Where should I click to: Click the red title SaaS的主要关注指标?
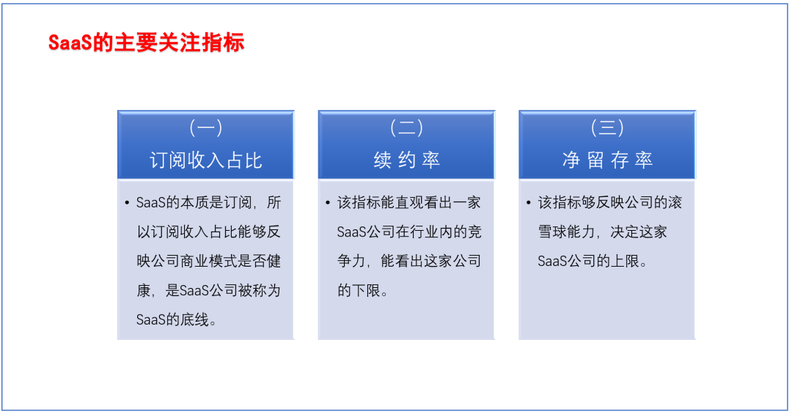click(x=147, y=42)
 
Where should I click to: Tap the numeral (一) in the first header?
click(x=205, y=127)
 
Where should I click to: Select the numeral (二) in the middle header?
click(x=406, y=127)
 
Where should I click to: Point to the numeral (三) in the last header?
click(x=607, y=127)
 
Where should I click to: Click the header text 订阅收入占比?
click(x=205, y=160)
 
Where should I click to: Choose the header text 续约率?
click(x=406, y=160)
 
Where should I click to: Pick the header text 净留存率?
click(x=607, y=160)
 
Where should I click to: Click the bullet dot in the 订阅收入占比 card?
click(x=127, y=203)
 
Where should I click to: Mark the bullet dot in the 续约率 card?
click(x=328, y=203)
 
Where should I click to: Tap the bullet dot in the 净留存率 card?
click(x=528, y=203)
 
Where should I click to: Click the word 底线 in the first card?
click(x=194, y=319)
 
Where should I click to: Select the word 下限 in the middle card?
click(x=366, y=290)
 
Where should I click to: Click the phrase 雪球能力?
click(x=567, y=232)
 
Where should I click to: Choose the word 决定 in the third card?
click(x=625, y=232)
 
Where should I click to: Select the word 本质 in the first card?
click(x=194, y=202)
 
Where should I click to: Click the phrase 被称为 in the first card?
click(x=259, y=290)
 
